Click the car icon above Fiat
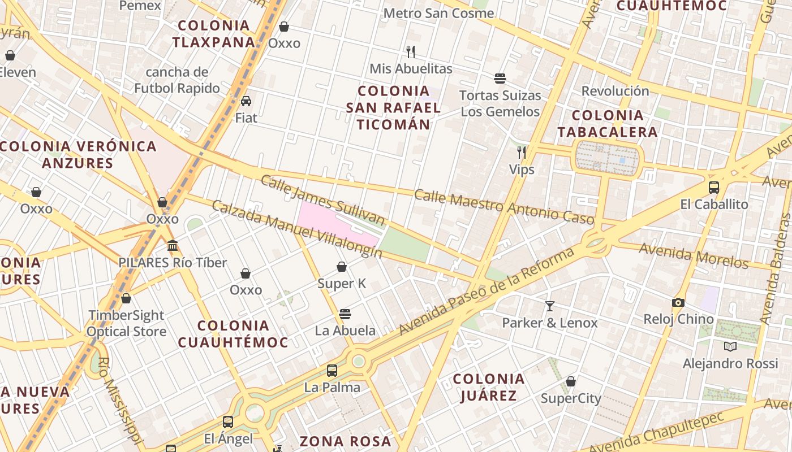(x=246, y=101)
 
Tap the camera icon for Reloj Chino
(x=678, y=302)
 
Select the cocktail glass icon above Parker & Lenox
(x=549, y=306)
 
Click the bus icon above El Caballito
(x=714, y=188)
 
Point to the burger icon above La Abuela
(x=345, y=314)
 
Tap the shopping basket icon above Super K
(x=342, y=267)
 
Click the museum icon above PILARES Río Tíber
(x=173, y=246)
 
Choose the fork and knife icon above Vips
(x=522, y=153)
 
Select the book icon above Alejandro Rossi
(x=730, y=346)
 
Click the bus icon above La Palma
(x=332, y=371)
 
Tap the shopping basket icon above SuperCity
(x=571, y=381)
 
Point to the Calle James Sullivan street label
(x=322, y=200)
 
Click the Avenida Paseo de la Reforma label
(x=487, y=290)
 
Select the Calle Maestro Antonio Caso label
(x=504, y=207)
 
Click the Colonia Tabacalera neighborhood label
(x=608, y=124)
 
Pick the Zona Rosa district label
(x=345, y=441)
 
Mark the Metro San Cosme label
(x=438, y=12)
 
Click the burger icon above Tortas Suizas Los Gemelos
(x=500, y=78)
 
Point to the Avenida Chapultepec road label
(x=656, y=433)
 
